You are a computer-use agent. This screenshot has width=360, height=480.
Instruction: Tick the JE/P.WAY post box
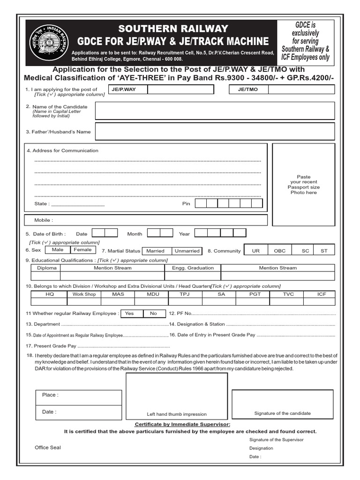click(x=160, y=89)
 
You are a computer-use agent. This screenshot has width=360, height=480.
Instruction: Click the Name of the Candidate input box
click(x=215, y=111)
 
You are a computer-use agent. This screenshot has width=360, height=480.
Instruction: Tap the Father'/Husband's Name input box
click(x=215, y=132)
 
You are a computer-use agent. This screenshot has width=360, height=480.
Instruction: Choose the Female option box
click(x=83, y=250)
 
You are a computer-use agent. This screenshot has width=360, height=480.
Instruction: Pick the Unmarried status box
click(x=187, y=251)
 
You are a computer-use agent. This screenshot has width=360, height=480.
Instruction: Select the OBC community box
click(x=279, y=251)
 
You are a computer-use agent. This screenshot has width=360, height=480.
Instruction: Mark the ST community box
click(x=324, y=251)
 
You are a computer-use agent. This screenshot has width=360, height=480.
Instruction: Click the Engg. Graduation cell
click(x=193, y=268)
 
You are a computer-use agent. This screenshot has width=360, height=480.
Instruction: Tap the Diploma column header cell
click(x=46, y=268)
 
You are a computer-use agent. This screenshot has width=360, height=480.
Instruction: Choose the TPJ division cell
click(x=184, y=294)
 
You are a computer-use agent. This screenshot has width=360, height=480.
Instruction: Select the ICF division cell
click(x=322, y=294)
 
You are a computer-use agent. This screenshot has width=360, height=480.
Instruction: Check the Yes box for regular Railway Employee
click(x=130, y=313)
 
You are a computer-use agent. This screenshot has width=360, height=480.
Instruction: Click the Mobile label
click(x=44, y=220)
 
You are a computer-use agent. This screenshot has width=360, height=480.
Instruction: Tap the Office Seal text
click(x=48, y=448)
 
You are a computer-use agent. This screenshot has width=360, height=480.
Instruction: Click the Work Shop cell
click(x=84, y=294)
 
